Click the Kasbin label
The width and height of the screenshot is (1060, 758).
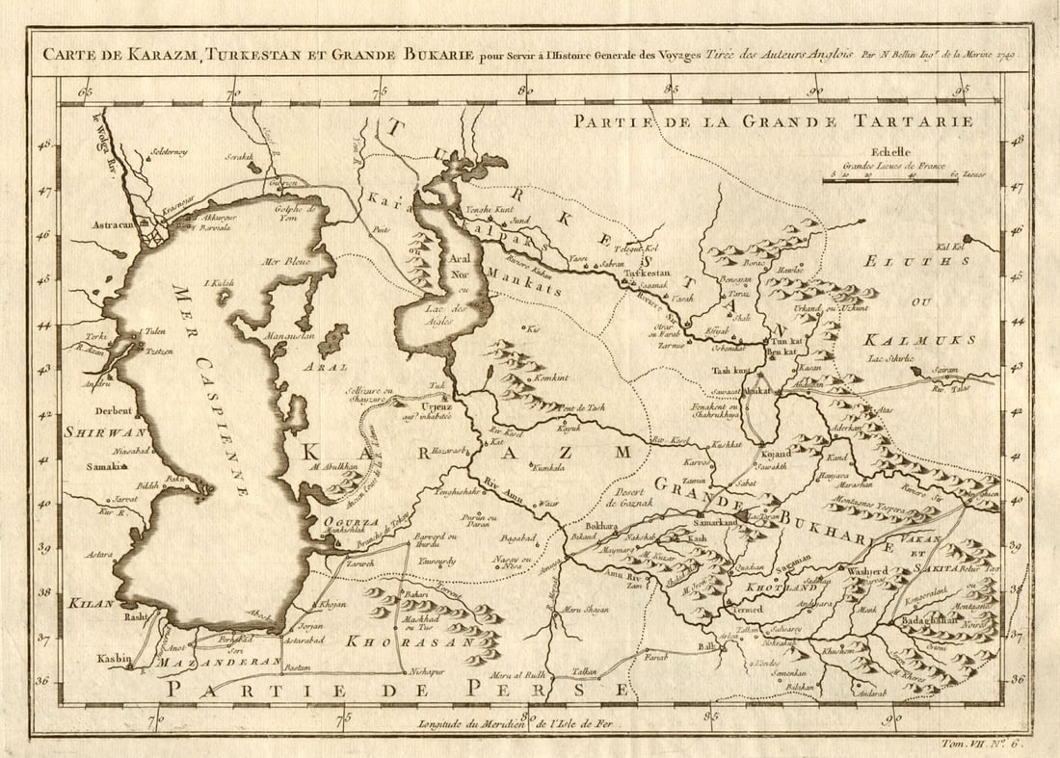113,659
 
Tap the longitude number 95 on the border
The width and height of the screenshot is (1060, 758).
964,91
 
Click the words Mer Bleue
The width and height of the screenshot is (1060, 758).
284,261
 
